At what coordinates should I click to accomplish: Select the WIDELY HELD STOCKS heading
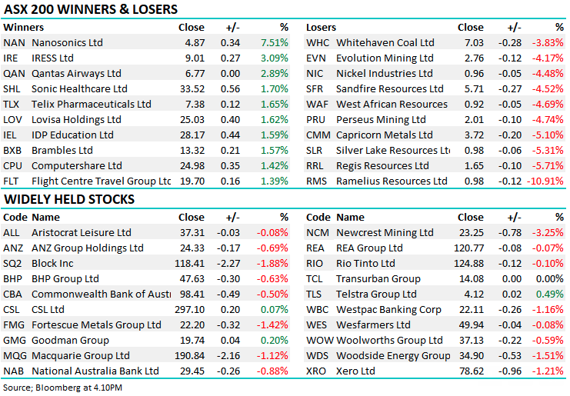tap(69, 200)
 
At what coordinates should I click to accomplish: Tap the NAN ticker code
tap(13, 43)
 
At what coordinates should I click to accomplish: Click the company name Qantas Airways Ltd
tap(76, 74)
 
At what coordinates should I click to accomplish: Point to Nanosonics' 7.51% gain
tap(274, 43)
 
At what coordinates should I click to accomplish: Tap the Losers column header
tap(322, 27)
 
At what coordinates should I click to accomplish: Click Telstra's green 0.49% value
tap(551, 294)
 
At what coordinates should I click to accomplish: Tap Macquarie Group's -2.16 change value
tap(229, 355)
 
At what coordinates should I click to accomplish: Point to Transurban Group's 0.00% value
tap(549, 278)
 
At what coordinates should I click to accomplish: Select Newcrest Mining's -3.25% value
tap(548, 232)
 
